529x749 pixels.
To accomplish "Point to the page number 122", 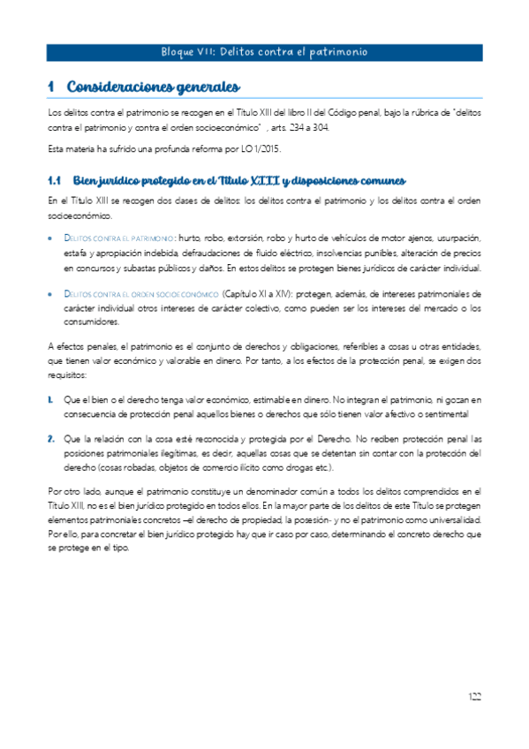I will tap(474, 698).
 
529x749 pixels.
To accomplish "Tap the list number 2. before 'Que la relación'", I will tap(51, 437).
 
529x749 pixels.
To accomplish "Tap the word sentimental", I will tap(452, 412).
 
